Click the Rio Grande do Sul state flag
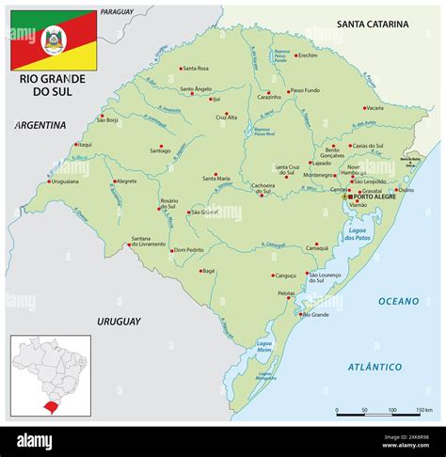52,39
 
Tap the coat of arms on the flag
53,39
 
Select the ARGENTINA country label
40,124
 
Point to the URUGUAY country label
118,321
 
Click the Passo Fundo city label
306,91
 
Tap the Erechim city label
308,55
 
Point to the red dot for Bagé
208,264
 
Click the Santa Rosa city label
196,69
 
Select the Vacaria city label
374,107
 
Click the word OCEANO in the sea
400,301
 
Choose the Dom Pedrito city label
188,250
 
